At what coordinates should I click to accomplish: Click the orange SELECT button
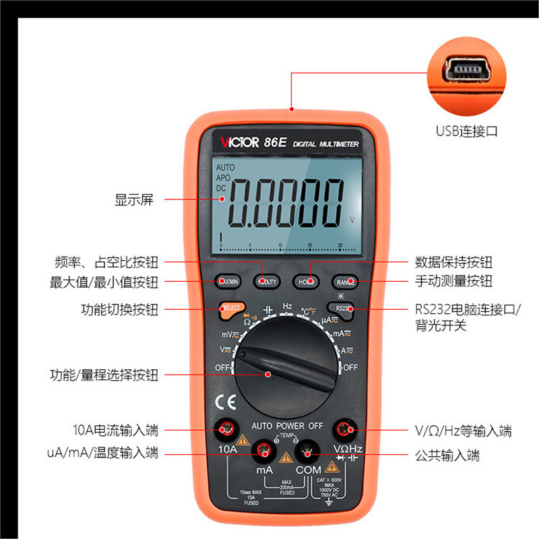[x=230, y=308]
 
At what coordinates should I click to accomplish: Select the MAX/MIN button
[x=228, y=282]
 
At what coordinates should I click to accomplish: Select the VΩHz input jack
[x=346, y=427]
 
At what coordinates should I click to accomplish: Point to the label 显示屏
[x=134, y=199]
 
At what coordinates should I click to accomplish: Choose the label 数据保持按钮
[x=453, y=262]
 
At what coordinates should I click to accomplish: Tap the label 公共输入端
[x=447, y=455]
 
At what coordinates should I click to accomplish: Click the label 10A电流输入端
[x=115, y=430]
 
